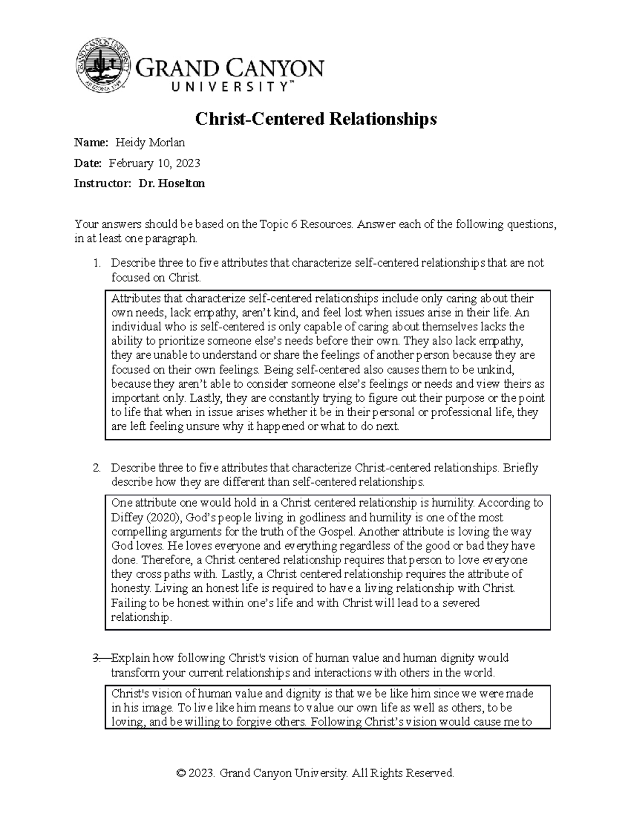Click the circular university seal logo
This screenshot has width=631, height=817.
pos(104,67)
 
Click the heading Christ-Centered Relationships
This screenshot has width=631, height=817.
pos(315,119)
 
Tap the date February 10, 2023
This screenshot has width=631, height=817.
pos(154,164)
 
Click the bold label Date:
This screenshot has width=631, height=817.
pos(88,164)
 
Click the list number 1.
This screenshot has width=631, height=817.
pos(96,263)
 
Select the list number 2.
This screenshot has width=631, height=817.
pos(96,468)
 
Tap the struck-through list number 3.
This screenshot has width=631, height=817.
pos(96,658)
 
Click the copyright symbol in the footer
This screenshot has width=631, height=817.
pos(181,773)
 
